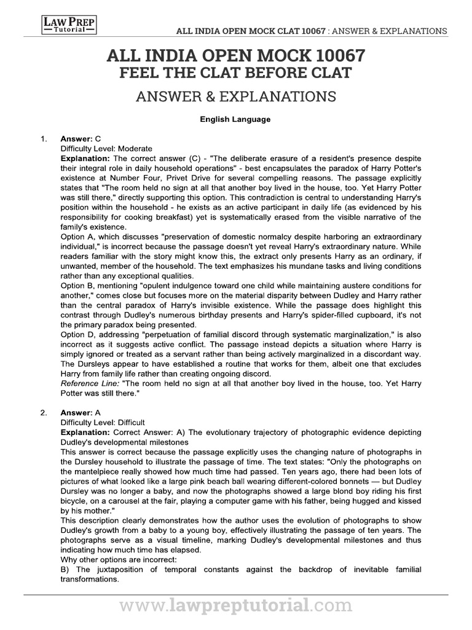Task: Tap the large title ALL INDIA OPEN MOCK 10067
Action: pyautogui.click(x=235, y=57)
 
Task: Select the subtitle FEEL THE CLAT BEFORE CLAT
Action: pyautogui.click(x=235, y=74)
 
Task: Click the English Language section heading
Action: pyautogui.click(x=235, y=119)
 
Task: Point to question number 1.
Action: pyautogui.click(x=44, y=139)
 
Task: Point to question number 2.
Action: pyautogui.click(x=44, y=413)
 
